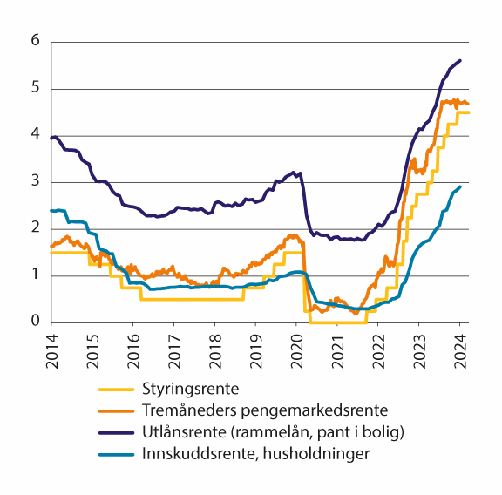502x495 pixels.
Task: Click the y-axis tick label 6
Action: point(35,41)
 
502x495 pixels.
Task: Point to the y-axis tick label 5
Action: point(35,88)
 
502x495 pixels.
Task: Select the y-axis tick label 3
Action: point(35,181)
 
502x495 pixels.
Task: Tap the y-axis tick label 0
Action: point(35,322)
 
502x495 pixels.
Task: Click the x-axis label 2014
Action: point(52,344)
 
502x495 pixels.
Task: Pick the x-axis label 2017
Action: point(173,344)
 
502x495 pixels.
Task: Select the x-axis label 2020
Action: point(295,344)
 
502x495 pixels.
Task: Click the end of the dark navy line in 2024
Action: point(460,60)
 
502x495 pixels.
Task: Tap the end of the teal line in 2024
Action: point(460,186)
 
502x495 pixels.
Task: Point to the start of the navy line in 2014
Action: point(51,138)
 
